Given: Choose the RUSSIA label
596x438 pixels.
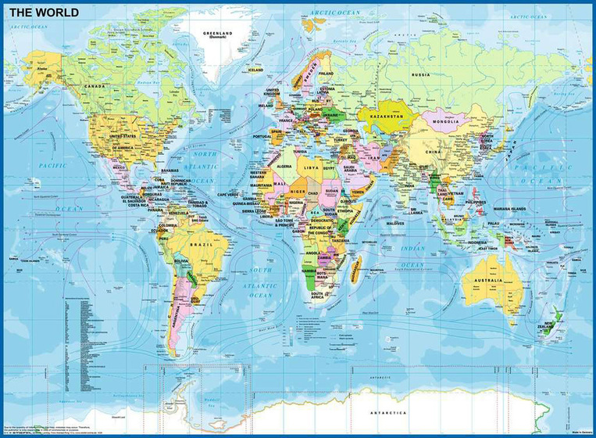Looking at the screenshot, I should coord(420,74).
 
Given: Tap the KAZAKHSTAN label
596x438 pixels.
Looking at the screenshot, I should coord(386,116).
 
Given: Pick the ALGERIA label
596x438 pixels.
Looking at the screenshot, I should coord(281,166).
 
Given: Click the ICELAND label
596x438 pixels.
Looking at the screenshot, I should coord(256,70).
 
